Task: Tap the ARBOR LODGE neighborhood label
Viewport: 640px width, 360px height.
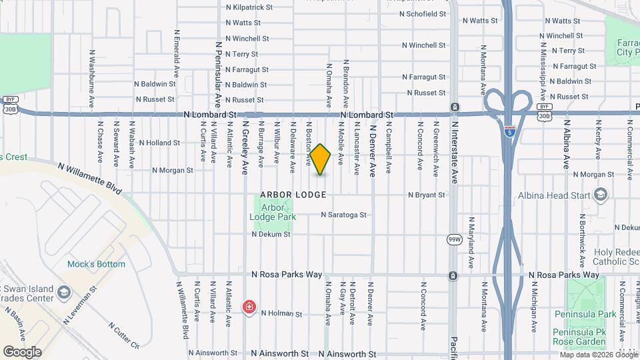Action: click(x=293, y=195)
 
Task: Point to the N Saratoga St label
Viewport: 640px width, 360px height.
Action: click(x=344, y=215)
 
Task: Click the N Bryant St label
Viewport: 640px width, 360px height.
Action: click(x=427, y=195)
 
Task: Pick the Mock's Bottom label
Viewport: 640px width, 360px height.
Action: click(x=96, y=264)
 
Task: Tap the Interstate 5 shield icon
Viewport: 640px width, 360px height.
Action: click(x=509, y=131)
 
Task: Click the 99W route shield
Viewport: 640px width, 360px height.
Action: click(x=455, y=240)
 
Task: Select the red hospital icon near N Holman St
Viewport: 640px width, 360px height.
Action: click(x=249, y=307)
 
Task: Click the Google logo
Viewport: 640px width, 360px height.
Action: click(x=22, y=351)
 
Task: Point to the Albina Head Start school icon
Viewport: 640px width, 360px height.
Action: click(x=601, y=195)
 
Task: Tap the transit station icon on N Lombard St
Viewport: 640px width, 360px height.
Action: click(x=454, y=107)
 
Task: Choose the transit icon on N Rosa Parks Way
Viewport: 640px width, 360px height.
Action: click(x=453, y=275)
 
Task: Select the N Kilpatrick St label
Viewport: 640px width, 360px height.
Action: click(x=249, y=7)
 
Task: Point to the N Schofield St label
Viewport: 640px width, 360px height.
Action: click(x=424, y=14)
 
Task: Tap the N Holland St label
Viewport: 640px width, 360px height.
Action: click(x=157, y=143)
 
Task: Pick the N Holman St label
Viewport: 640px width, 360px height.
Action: click(x=281, y=313)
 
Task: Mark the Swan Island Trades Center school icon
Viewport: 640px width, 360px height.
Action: click(x=64, y=292)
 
